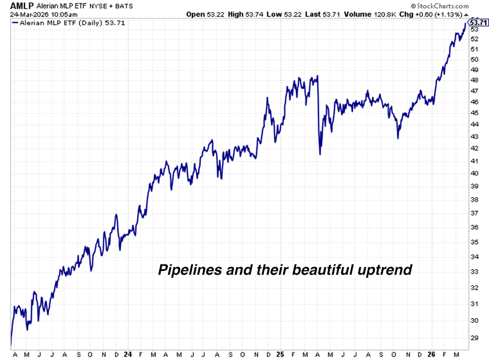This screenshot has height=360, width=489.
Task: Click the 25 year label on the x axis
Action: click(280, 354)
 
